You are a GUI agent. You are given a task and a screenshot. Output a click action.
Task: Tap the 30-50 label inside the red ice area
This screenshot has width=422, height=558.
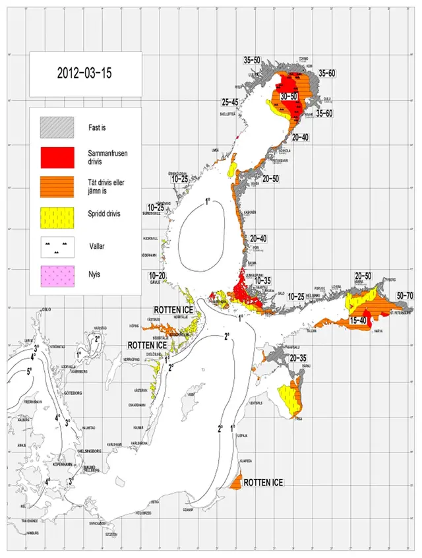289,96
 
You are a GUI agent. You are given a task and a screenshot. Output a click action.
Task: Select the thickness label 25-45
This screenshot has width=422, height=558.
229,102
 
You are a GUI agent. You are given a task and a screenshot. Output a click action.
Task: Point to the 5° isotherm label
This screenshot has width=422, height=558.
29,371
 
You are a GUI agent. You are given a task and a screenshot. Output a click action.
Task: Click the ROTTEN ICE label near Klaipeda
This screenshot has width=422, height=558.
263,483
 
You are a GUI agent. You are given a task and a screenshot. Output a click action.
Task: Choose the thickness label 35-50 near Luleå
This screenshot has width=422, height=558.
252,61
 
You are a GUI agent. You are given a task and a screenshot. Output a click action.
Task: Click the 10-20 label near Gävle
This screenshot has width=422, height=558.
158,275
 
